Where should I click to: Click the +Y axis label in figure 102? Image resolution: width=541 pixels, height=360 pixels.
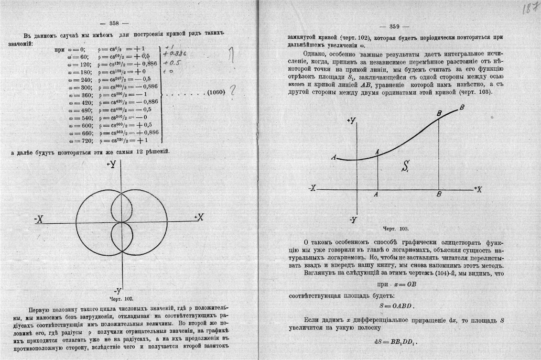coord(112,164)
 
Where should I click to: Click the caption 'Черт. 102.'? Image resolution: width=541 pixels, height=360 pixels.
coord(123,297)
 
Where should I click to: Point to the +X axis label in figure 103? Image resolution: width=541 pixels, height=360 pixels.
coord(477,189)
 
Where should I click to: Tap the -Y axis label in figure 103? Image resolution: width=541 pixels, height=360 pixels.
coord(353,219)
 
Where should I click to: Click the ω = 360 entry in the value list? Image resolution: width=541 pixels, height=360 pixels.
coord(76,95)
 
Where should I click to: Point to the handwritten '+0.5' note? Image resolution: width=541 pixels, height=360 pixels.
coord(171,63)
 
